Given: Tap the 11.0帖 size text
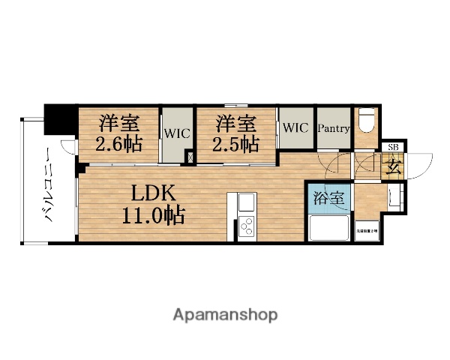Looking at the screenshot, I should click(x=155, y=217).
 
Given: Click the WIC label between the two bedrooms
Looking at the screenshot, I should click(x=177, y=133).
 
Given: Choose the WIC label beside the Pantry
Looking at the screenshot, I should click(x=295, y=127).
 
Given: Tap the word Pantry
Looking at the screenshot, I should click(x=333, y=128).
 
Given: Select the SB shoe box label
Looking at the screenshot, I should click(x=393, y=147).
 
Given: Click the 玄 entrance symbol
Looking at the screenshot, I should click(x=393, y=165).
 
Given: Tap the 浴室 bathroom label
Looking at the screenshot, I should click(x=328, y=199).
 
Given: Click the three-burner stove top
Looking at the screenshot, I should click(x=247, y=227).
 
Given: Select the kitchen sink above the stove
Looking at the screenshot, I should click(x=247, y=203).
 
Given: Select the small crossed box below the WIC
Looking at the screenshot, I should click(x=190, y=157).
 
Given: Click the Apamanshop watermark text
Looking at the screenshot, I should click(x=225, y=314).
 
